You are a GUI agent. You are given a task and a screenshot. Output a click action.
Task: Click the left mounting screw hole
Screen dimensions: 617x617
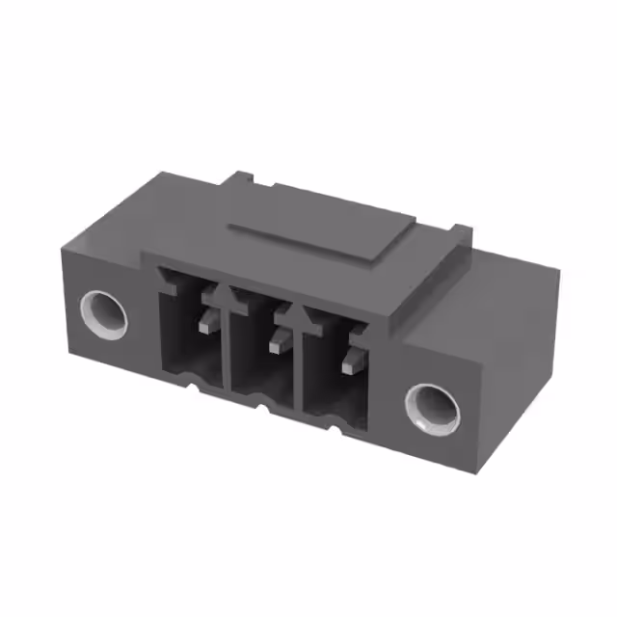(x=104, y=314)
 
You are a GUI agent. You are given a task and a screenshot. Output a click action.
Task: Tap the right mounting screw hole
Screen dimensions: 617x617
(x=431, y=406)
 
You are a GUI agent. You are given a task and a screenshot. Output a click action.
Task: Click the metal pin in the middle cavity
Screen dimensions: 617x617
(x=281, y=337)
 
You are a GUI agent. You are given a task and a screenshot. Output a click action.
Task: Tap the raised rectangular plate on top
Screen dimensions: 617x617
(x=323, y=235)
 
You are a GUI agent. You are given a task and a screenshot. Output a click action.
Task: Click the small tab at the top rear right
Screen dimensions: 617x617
(x=462, y=232)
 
